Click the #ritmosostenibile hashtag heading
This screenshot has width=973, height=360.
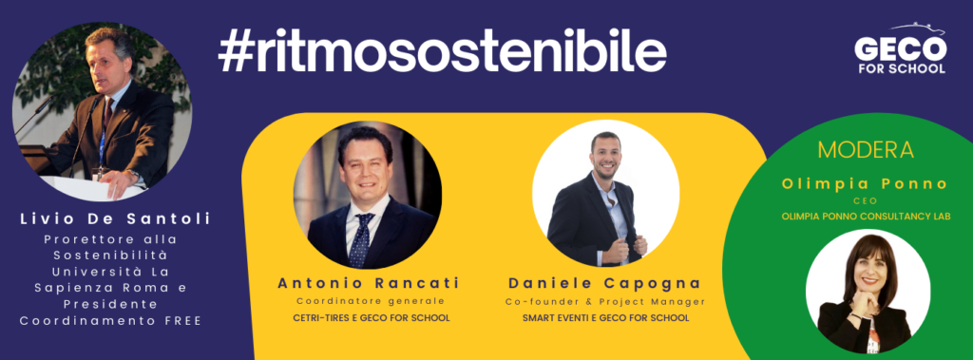(x=443, y=51)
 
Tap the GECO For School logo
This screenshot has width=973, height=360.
(x=901, y=49)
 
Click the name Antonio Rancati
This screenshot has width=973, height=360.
(x=369, y=284)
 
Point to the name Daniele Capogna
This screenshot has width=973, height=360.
(x=605, y=284)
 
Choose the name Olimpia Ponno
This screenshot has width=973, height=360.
(x=865, y=183)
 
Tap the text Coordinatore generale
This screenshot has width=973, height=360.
(x=371, y=302)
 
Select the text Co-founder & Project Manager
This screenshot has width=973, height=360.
(x=605, y=302)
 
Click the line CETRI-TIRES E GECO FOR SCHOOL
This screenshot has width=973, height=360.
(x=372, y=318)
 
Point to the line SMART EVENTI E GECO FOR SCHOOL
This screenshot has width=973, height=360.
(x=605, y=318)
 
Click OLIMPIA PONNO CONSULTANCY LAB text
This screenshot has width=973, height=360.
(x=866, y=216)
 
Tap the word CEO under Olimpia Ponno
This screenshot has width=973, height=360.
(x=865, y=201)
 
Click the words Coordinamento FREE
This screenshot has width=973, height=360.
(x=110, y=321)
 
